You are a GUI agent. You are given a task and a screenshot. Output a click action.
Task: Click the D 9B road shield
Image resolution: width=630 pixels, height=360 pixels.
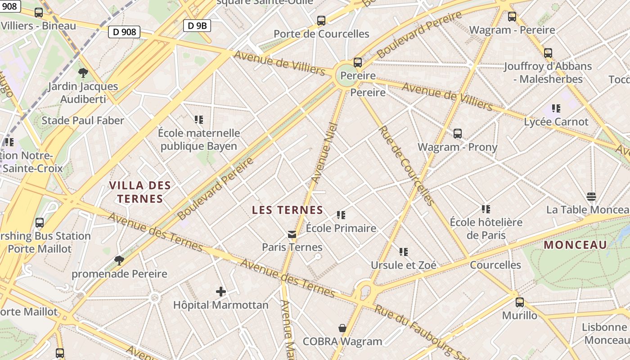(x=197, y=26)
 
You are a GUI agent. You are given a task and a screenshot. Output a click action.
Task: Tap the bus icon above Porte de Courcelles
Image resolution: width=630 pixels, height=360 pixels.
(x=321, y=20)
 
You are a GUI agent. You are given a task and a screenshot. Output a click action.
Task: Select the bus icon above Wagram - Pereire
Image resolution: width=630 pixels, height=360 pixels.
(x=512, y=17)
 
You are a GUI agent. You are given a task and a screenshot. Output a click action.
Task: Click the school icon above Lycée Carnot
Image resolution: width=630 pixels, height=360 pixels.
(x=556, y=108)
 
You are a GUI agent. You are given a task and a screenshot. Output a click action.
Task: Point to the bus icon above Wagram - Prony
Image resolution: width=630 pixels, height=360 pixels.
(x=458, y=133)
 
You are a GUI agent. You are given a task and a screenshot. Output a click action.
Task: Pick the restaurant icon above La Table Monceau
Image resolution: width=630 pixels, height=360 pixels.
(x=591, y=196)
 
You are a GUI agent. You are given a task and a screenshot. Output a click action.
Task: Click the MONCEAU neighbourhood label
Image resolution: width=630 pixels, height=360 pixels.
(x=576, y=245)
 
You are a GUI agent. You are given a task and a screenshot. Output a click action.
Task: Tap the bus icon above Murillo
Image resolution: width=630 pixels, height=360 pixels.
(x=520, y=302)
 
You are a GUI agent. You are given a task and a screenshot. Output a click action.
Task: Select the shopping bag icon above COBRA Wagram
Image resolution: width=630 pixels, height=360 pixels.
(x=342, y=328)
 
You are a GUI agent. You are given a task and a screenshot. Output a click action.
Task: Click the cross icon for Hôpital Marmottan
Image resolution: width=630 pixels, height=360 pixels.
(x=220, y=292)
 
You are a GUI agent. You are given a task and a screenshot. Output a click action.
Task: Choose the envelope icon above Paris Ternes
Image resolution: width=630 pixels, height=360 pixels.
(x=292, y=234)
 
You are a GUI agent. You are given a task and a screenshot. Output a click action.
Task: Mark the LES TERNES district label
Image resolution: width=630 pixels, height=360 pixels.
(x=288, y=210)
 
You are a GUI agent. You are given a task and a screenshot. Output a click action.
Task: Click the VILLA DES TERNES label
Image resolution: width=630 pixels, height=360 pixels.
(x=139, y=192)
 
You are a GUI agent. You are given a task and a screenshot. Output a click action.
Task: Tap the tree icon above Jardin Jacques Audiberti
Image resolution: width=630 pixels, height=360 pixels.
(x=83, y=72)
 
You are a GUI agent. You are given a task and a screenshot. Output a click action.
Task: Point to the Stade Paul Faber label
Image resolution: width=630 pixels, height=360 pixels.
(x=83, y=121)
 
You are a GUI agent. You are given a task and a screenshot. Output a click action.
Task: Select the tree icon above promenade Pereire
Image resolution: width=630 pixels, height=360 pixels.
(x=119, y=260)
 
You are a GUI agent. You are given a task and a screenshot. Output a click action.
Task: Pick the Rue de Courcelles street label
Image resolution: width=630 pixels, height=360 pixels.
(x=406, y=165)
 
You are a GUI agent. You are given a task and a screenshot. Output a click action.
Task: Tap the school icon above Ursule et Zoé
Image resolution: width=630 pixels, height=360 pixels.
(x=403, y=252)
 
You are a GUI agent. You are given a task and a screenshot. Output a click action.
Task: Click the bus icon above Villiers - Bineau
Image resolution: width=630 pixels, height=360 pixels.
(x=39, y=13)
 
